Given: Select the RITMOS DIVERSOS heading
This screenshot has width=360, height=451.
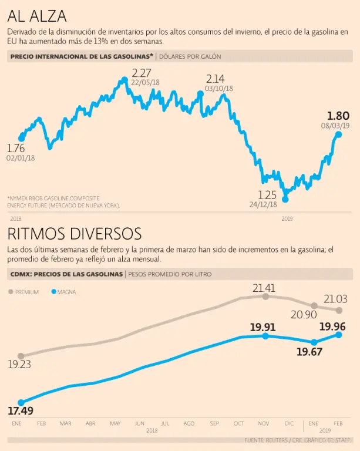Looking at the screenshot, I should (x=74, y=234).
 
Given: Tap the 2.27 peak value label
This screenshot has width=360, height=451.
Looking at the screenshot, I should (x=141, y=73).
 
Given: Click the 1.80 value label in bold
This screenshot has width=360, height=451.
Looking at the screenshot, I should (x=338, y=116).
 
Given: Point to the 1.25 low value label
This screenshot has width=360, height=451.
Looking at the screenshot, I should (x=267, y=194).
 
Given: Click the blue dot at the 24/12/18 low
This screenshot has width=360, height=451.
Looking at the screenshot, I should (x=285, y=199).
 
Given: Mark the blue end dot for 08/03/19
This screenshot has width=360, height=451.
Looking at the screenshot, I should (x=338, y=134).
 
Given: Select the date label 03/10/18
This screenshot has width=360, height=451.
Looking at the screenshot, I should (x=219, y=88).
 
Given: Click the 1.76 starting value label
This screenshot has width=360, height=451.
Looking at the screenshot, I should (x=15, y=148).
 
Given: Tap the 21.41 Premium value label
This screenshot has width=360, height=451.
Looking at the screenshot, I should (x=264, y=288).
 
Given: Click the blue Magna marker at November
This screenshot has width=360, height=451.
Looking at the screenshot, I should (x=265, y=336).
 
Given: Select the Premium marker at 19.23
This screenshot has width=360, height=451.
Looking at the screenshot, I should (x=21, y=356).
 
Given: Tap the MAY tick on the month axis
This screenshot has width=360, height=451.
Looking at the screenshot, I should (x=115, y=423).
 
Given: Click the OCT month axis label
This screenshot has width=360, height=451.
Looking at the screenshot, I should (x=239, y=423).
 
